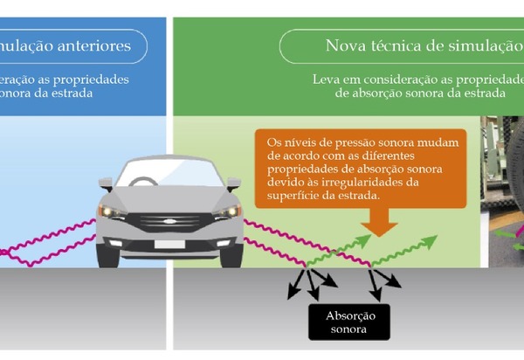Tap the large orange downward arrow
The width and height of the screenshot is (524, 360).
tap(377, 224)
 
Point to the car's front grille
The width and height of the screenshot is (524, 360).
tap(169, 222)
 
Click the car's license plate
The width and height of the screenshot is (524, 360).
tap(169, 244)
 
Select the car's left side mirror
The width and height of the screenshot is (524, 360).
tap(106, 184)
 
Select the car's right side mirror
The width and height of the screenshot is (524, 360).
tap(234, 184)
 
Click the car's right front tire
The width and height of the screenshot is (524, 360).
tap(231, 255)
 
